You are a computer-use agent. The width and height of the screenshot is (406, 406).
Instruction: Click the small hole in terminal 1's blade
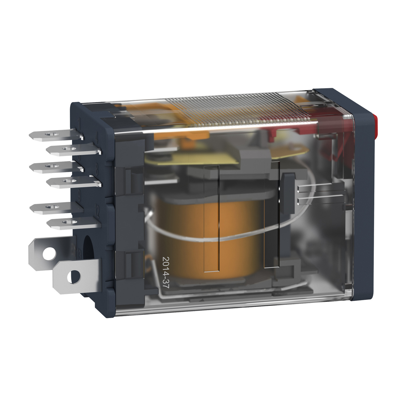50,134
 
